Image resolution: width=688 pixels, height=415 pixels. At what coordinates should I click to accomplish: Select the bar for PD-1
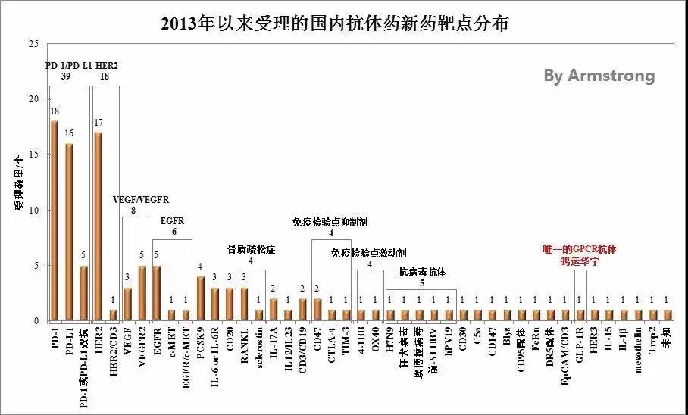(x=54, y=220)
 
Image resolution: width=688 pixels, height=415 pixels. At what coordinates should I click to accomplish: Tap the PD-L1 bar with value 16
(x=69, y=232)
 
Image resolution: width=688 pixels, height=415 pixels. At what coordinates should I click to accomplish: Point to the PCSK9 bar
(x=201, y=298)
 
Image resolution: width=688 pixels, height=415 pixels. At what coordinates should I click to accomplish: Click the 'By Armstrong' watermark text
(x=599, y=76)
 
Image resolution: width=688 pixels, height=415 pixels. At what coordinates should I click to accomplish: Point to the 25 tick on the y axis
(x=32, y=44)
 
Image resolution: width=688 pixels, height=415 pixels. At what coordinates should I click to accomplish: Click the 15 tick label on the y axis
(x=32, y=154)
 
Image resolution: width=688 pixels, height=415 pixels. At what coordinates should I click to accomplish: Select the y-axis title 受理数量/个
(x=17, y=183)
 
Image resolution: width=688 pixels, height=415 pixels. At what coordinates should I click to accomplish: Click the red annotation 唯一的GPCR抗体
(x=580, y=248)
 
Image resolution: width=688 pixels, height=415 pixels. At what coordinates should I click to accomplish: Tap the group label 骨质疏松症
(x=252, y=248)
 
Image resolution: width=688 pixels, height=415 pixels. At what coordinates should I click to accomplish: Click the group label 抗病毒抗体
(x=421, y=270)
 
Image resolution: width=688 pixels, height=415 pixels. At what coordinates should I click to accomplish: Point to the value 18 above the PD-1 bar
(x=55, y=111)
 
